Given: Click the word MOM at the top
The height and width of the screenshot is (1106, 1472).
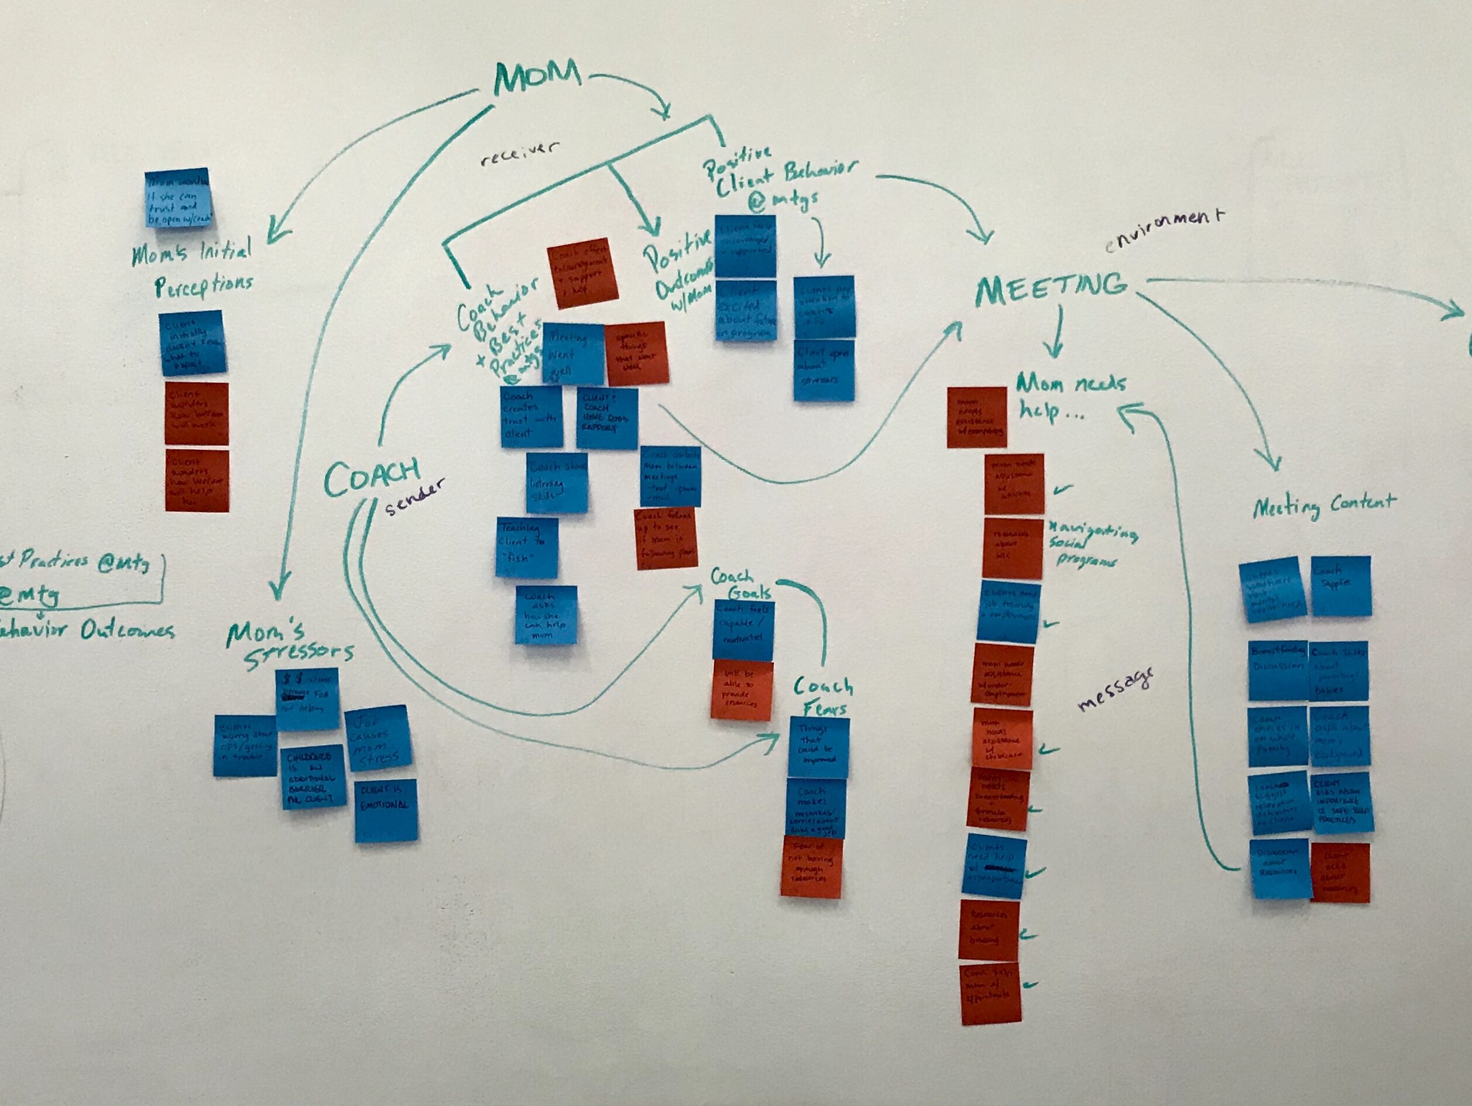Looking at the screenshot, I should point(536,79).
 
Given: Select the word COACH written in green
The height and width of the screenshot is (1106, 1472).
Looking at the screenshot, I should point(372,476).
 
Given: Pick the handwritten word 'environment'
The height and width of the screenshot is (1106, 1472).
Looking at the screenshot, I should point(1164,230).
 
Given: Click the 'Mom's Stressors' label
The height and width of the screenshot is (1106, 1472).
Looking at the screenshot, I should point(291,644).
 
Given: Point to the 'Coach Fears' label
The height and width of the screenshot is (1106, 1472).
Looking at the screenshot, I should point(822,695).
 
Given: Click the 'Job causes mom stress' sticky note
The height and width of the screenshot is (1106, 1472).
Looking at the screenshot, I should point(378,738).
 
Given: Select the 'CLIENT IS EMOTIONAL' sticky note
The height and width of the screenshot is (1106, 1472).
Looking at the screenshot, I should point(386,810).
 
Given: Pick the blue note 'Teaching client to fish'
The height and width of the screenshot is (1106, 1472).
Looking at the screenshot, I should point(526,547).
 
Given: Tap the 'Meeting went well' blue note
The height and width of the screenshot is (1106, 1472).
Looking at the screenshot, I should point(572,353).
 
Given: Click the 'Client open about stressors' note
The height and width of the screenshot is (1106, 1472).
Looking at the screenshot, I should point(824,370).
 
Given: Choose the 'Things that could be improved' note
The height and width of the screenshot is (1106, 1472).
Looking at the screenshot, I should point(818,747).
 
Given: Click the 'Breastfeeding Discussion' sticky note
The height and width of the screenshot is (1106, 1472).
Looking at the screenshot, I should point(1277,669).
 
